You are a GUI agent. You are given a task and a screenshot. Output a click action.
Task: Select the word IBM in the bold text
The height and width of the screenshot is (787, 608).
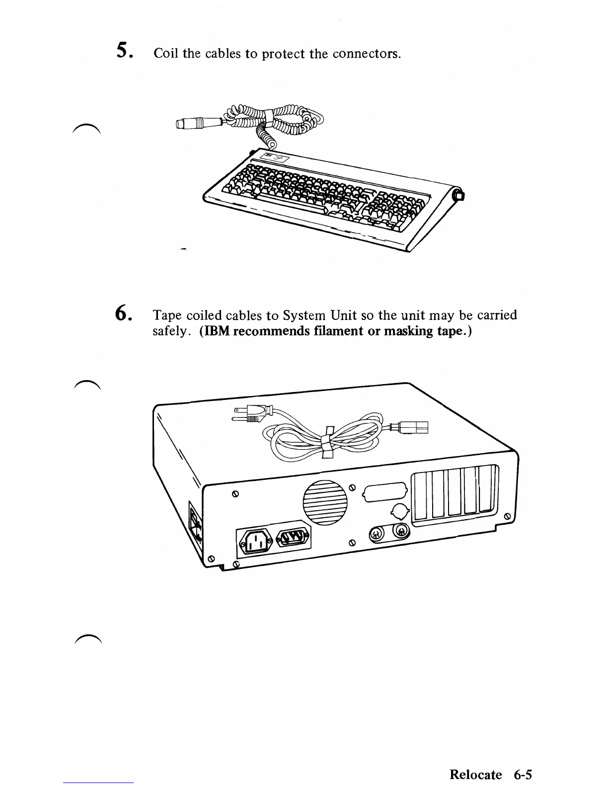click(215, 331)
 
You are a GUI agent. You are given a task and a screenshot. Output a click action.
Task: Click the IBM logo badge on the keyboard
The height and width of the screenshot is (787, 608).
click(271, 158)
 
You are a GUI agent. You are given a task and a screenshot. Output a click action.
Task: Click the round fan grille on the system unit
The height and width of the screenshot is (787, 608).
click(325, 502)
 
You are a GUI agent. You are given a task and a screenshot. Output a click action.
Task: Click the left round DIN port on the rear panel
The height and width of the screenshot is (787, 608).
click(376, 534)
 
